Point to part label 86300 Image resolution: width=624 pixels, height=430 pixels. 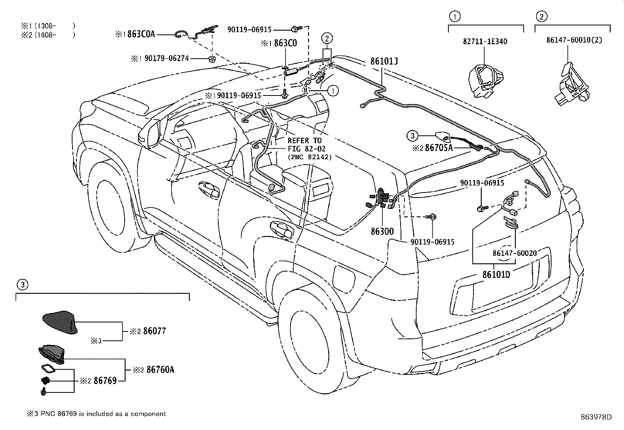click(x=382, y=231)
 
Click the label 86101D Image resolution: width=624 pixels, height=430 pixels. click(x=496, y=274)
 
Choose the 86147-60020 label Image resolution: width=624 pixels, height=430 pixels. click(x=514, y=254)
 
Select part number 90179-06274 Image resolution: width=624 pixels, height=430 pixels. click(x=167, y=59)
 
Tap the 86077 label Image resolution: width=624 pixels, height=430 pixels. click(x=154, y=331)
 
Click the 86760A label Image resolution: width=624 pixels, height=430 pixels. click(x=160, y=369)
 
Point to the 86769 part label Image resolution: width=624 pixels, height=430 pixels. click(x=105, y=380)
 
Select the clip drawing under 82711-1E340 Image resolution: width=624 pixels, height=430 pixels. click(x=484, y=82)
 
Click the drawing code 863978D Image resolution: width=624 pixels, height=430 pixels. click(x=596, y=417)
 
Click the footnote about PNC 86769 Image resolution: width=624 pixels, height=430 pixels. click(x=96, y=414)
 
